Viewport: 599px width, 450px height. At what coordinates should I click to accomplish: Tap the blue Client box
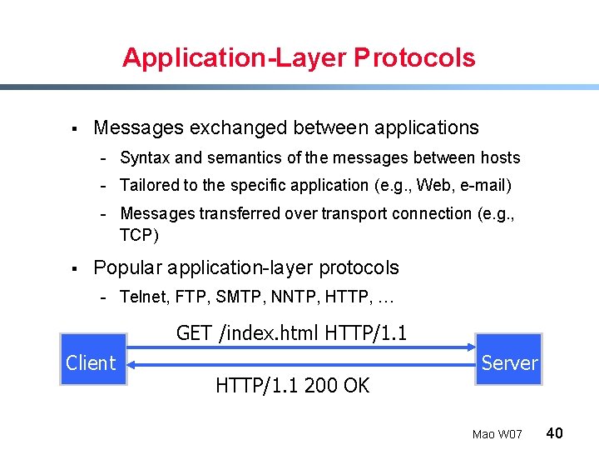click(92, 360)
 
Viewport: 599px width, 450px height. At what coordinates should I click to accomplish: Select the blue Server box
click(509, 360)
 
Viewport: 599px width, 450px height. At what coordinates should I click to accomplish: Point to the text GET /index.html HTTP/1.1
click(291, 333)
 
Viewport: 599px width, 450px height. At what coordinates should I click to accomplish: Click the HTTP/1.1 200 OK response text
click(292, 385)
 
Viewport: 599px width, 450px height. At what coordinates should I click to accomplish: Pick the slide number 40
click(555, 433)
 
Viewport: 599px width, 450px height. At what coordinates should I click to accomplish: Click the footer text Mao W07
click(497, 434)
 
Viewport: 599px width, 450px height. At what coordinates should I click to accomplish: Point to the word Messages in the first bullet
click(138, 127)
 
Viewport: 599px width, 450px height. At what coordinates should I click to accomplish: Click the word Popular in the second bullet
click(127, 267)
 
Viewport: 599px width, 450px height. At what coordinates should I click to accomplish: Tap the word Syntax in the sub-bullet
click(145, 157)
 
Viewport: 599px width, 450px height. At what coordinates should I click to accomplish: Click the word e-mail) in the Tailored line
click(485, 185)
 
